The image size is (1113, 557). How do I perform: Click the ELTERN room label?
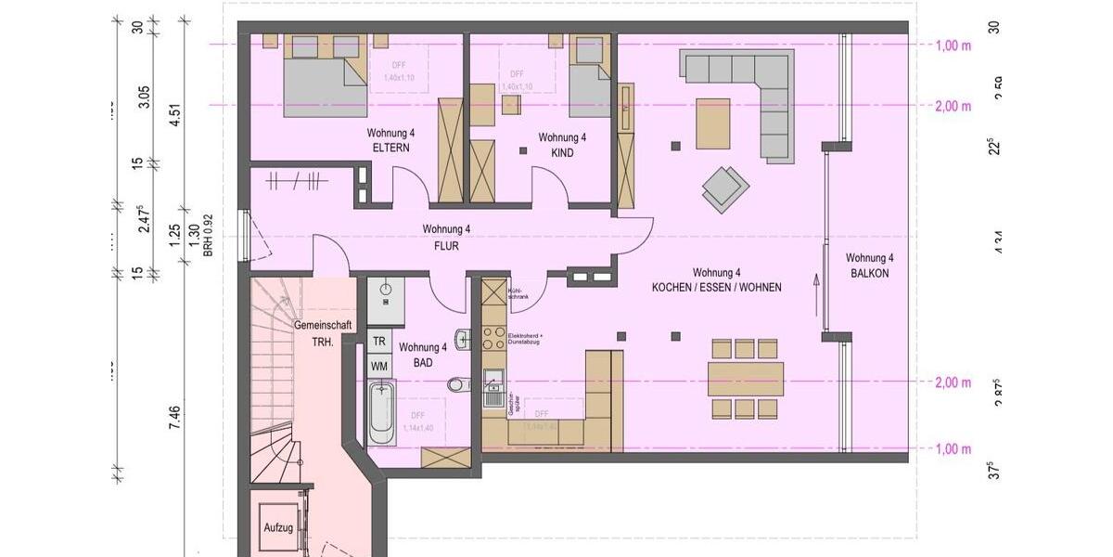click(x=391, y=149)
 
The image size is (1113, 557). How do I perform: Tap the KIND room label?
click(x=562, y=152)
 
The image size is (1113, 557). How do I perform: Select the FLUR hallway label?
click(x=447, y=247)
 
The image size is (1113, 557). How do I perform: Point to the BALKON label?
click(x=870, y=273)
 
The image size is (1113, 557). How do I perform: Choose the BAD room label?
click(x=423, y=363)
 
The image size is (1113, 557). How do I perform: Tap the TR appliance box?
click(x=379, y=341)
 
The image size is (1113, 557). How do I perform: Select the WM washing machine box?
click(x=379, y=366)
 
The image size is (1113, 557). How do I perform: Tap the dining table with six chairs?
click(x=745, y=378)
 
